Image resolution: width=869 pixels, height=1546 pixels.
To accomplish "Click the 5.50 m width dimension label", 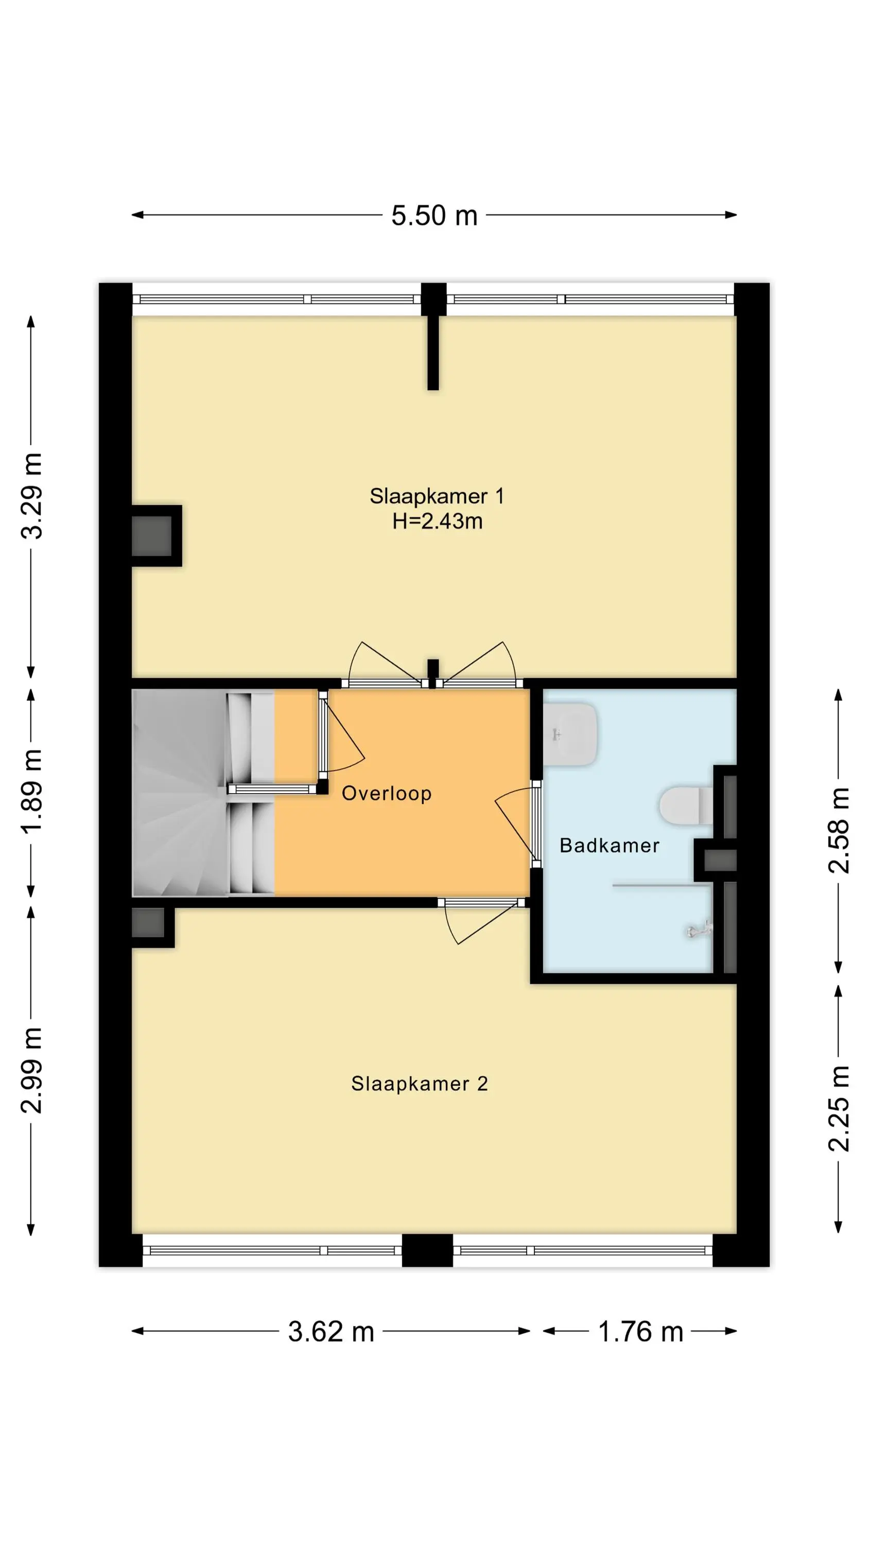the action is [x=434, y=215].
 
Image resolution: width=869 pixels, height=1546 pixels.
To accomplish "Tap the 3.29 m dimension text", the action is [x=32, y=496].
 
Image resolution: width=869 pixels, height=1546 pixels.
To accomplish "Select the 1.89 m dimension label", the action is [x=32, y=791].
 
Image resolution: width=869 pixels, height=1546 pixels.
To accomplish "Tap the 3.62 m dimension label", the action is [x=331, y=1332].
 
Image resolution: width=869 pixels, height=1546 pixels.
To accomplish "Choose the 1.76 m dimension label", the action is [x=640, y=1332].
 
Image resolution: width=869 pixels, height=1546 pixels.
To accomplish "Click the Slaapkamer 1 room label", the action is [x=437, y=496].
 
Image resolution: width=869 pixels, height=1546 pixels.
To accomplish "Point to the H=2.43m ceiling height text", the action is [x=437, y=521].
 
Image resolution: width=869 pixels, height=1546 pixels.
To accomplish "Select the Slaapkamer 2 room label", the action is [x=419, y=1083].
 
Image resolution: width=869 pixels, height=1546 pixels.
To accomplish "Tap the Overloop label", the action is [x=386, y=794].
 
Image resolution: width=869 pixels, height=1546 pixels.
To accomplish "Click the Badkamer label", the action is [x=610, y=845].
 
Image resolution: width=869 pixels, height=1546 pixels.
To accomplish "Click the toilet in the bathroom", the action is [x=686, y=805].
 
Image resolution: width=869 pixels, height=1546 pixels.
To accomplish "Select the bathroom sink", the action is [x=570, y=734].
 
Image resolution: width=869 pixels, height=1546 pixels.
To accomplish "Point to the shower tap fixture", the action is [x=699, y=930].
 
